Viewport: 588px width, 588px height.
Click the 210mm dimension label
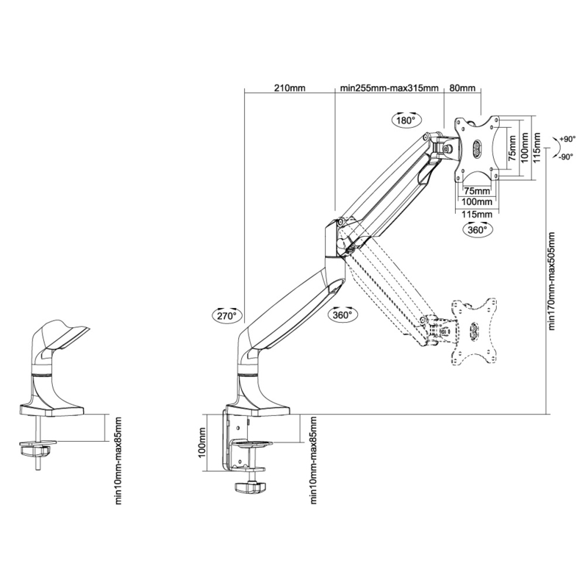290,88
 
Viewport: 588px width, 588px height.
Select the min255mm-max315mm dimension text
389,88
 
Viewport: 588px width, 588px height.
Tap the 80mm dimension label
462,88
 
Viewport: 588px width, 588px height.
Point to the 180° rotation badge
407,120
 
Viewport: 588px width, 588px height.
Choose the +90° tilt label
567,139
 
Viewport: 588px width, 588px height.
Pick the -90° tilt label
565,157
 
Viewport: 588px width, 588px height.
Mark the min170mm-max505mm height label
552,282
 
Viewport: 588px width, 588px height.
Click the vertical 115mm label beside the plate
537,148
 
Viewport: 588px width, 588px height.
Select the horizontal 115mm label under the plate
476,214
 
